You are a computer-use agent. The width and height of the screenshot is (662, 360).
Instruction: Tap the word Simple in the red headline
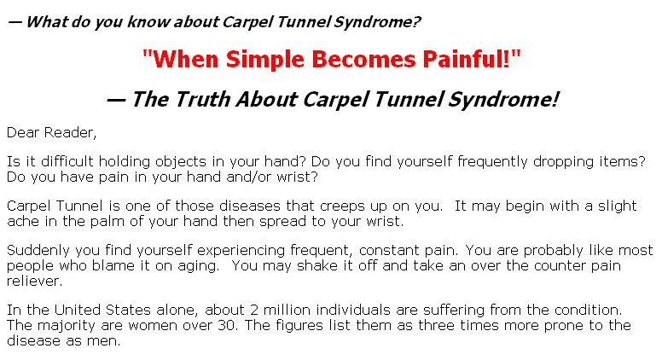pos(264,59)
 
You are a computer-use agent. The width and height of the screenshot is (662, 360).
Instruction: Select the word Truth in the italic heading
pos(203,100)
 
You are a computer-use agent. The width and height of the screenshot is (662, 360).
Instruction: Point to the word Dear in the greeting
pos(23,132)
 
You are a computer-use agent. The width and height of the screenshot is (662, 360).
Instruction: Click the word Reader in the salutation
pos(70,132)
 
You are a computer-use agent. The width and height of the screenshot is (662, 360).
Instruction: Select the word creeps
pos(342,206)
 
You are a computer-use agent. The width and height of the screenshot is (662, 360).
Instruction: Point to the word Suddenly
pos(38,250)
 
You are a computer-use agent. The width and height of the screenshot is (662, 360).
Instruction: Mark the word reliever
pos(35,281)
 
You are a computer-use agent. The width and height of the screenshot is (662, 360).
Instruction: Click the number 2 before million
pos(253,311)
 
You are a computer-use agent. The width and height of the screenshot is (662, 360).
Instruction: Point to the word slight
pos(617,206)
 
